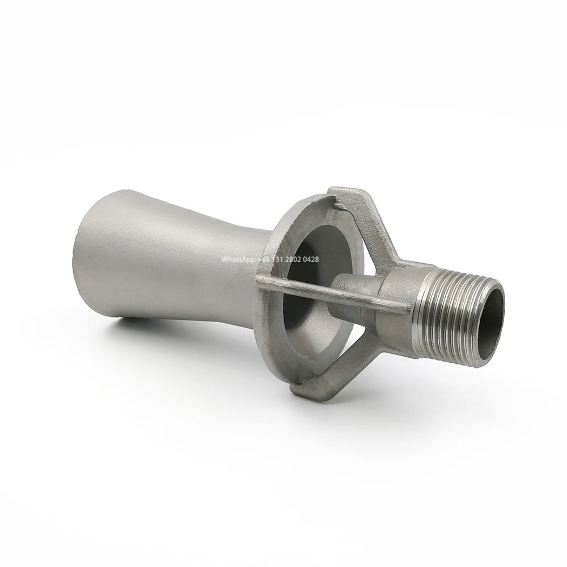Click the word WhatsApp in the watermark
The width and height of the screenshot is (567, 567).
click(x=238, y=259)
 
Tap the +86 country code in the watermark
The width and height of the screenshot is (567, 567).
click(x=264, y=259)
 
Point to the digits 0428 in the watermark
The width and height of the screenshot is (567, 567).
click(x=311, y=259)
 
